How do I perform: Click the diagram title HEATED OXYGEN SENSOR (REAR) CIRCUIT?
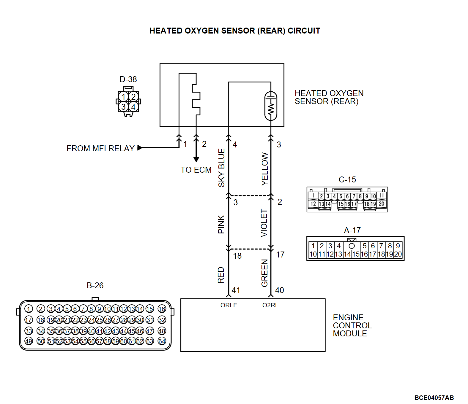click(235, 31)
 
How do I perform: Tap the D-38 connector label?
click(128, 79)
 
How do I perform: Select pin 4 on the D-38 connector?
click(133, 107)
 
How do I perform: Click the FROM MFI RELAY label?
click(100, 148)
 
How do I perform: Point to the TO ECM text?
click(196, 170)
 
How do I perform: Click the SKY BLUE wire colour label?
click(221, 168)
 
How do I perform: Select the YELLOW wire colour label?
click(265, 169)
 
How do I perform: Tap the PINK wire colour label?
click(221, 225)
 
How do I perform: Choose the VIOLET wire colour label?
click(264, 223)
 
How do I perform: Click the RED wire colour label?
click(221, 275)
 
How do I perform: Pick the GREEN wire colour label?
click(264, 273)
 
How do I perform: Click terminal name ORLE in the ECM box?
click(229, 305)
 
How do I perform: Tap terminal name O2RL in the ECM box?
click(270, 305)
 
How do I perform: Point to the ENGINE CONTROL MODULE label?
click(352, 325)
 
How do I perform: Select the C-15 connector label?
click(347, 180)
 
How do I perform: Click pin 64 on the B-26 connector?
click(162, 341)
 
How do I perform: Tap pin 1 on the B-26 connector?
click(29, 309)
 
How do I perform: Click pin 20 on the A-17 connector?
click(398, 254)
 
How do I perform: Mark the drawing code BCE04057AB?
click(434, 398)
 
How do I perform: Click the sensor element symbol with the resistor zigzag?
click(271, 106)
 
